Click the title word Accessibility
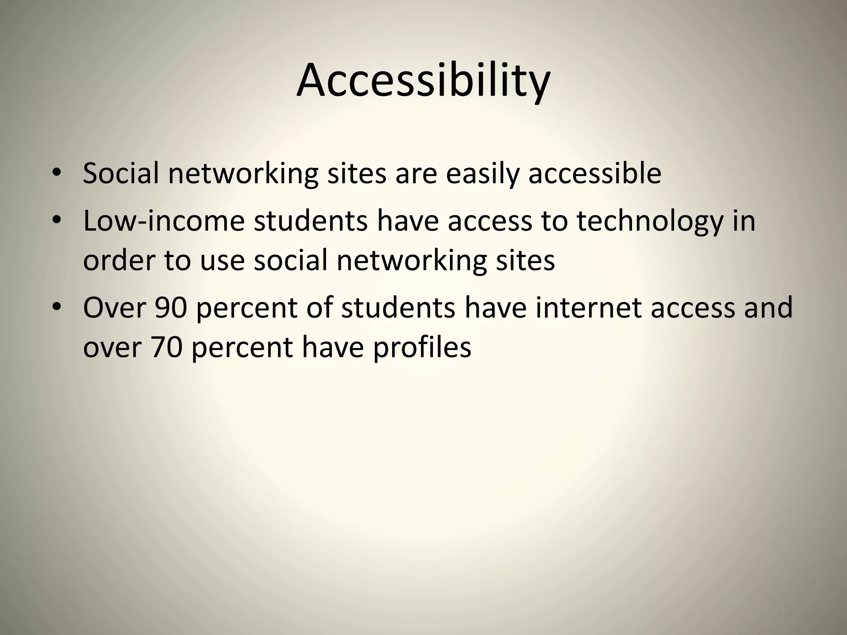[x=423, y=81]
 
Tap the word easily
[x=482, y=174]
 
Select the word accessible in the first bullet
[x=595, y=174]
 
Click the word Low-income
[x=164, y=221]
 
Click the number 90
[x=171, y=308]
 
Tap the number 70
[x=166, y=347]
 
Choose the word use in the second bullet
[x=223, y=260]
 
